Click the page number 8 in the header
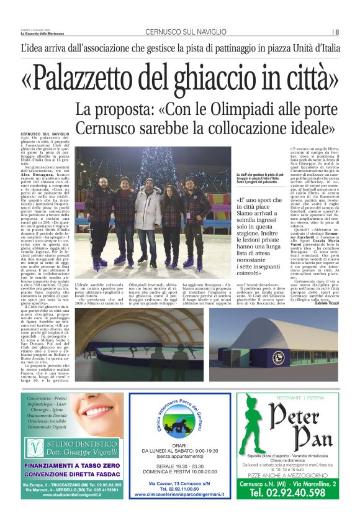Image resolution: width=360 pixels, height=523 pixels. (337, 32)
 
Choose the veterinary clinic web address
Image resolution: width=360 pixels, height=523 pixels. (179, 495)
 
